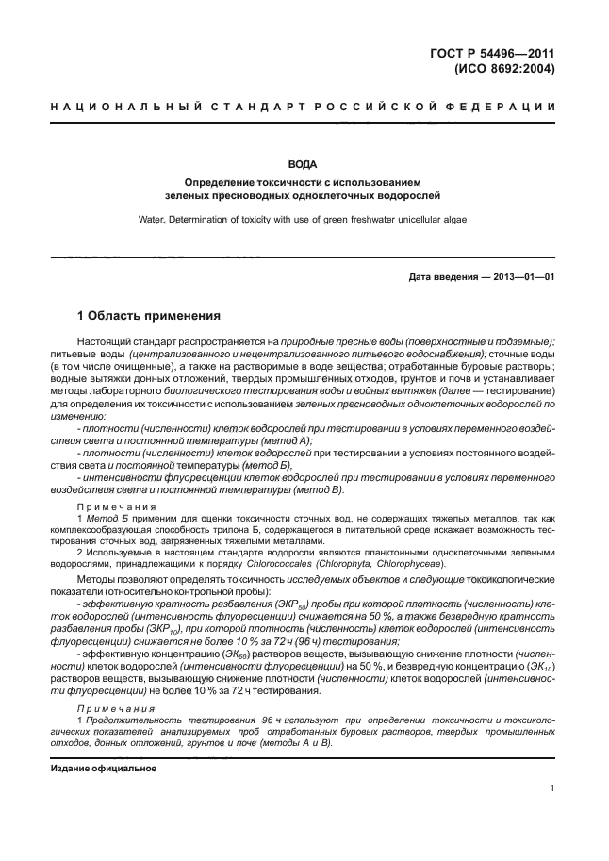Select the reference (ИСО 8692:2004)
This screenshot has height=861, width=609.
504,68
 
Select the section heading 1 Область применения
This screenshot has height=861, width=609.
148,315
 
